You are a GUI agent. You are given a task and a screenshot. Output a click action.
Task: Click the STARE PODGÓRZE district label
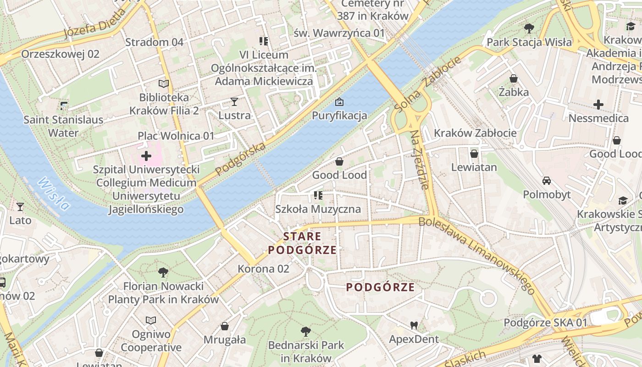[x=303, y=243]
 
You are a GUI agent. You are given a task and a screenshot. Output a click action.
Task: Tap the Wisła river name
[x=54, y=193]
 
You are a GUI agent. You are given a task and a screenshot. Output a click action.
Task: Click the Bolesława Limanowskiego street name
[x=477, y=255]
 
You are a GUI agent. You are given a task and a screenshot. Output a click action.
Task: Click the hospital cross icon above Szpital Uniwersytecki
[x=146, y=156]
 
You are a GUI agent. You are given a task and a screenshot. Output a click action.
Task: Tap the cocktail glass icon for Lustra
[x=234, y=101]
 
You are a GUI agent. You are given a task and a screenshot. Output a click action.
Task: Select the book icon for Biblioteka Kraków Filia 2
[x=164, y=83]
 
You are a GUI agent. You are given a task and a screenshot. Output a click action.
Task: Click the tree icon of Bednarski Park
[x=306, y=331]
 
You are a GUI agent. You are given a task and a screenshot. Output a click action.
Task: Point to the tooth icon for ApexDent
[x=414, y=326]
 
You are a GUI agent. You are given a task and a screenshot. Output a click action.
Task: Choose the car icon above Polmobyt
[x=547, y=180]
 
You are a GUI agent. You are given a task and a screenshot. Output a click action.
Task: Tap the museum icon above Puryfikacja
[x=339, y=101]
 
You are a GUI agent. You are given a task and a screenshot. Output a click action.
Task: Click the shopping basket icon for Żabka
[x=514, y=78]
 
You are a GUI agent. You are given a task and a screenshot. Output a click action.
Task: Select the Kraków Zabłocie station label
[x=475, y=133]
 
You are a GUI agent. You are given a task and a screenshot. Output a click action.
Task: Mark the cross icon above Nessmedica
[x=598, y=105]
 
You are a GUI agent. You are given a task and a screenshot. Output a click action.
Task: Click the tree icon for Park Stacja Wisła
[x=529, y=28]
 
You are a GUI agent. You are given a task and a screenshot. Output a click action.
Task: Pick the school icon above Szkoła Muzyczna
[x=318, y=195]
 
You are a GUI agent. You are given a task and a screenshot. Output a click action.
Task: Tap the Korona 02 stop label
[x=263, y=269]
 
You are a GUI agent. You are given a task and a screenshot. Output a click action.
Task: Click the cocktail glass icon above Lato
[x=20, y=206]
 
